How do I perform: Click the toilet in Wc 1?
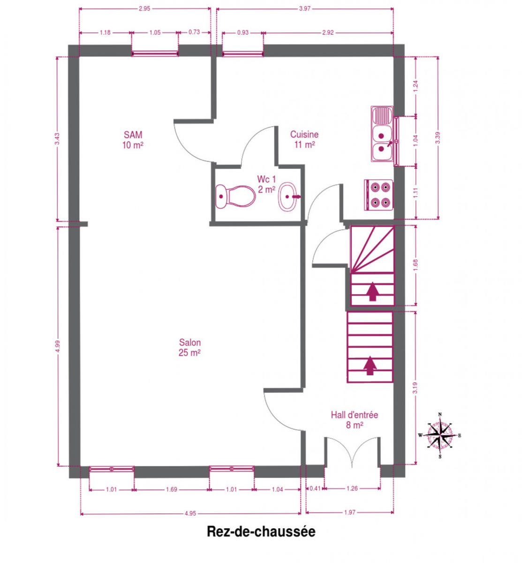(235, 196)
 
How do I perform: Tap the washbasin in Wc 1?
(289, 197)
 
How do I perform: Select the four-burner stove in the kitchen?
(378, 195)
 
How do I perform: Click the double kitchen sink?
(383, 134)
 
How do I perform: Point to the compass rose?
(439, 435)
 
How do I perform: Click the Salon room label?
(189, 347)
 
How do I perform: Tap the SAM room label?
(133, 140)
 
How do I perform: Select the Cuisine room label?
(304, 139)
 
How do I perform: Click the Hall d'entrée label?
(354, 419)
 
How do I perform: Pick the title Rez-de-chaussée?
(261, 531)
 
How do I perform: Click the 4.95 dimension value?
(190, 513)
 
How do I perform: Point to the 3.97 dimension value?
(305, 9)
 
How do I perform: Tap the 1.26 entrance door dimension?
(352, 488)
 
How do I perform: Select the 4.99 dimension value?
(58, 346)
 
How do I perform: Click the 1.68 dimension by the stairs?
(416, 265)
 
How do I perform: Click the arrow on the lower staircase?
(370, 365)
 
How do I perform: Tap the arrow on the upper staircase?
(372, 291)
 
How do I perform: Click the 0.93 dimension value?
(243, 32)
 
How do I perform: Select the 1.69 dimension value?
(172, 489)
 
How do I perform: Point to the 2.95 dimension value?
(144, 9)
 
